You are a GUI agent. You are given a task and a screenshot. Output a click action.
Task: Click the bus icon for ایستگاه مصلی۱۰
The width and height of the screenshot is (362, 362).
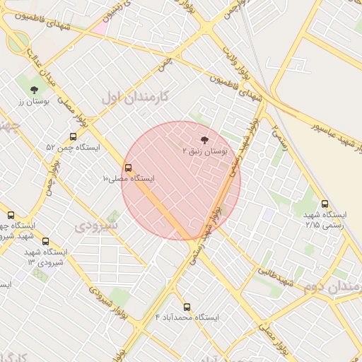click(x=128, y=168)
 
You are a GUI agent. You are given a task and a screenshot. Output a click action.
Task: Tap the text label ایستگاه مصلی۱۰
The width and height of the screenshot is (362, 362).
click(x=128, y=179)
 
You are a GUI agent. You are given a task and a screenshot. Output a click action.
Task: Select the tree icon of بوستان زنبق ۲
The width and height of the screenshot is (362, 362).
click(x=205, y=141)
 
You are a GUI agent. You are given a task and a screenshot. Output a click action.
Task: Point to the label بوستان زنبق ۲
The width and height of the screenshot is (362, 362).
click(x=205, y=151)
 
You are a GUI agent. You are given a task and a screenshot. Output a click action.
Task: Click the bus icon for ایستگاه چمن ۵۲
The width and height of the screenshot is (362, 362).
click(x=73, y=137)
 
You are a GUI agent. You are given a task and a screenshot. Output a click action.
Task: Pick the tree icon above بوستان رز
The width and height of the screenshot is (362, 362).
click(x=34, y=90)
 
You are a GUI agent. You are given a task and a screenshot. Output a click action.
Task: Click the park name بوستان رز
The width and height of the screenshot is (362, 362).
click(x=32, y=101)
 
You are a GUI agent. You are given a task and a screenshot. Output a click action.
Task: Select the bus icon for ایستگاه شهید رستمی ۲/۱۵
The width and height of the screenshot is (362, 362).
click(x=325, y=204)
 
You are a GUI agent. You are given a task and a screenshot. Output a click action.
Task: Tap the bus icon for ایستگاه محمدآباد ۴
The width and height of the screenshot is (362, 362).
click(x=187, y=307)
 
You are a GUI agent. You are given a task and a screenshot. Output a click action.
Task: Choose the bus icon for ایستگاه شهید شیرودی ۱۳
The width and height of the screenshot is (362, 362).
click(x=46, y=241)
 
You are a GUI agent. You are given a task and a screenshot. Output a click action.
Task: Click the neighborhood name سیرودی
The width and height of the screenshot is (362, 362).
click(x=97, y=226)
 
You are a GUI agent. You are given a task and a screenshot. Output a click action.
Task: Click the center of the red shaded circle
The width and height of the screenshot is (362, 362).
click(x=181, y=180)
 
